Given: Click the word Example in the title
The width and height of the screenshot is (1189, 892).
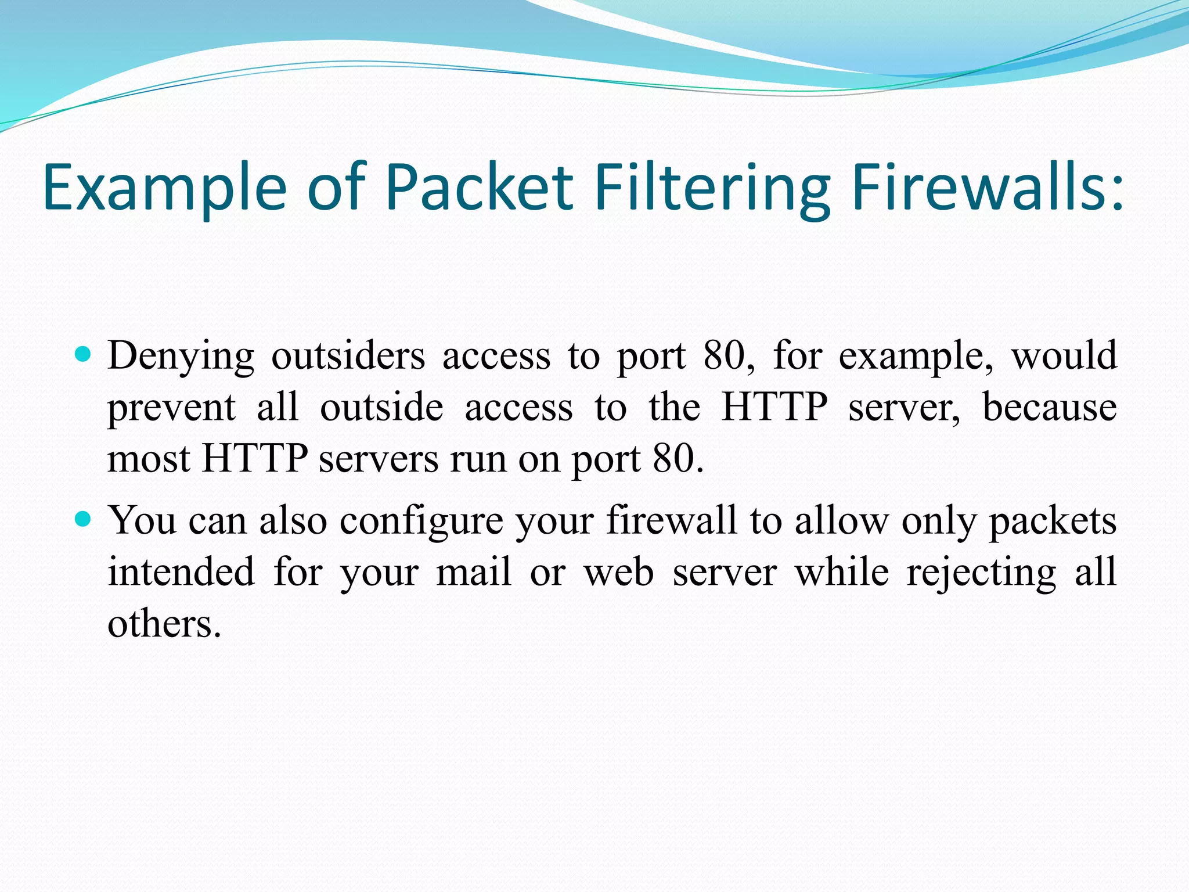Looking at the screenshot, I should coord(164,187).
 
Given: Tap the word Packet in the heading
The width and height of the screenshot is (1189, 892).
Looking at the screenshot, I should coord(480,187).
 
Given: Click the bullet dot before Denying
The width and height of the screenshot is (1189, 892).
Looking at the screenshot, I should coord(84,354).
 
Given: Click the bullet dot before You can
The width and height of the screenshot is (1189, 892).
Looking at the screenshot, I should coord(84,518).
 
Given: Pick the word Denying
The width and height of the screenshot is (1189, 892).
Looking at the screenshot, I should coord(181,355).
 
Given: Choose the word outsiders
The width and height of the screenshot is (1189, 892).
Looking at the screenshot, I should coord(348,355).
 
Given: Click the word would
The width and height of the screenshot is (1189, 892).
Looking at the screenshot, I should coord(1064,355).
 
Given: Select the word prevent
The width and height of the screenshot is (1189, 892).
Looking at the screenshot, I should coord(171,407).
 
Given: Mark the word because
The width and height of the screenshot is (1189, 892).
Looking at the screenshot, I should coord(1049,407).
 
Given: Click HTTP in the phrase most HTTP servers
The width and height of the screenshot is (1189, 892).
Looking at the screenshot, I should coord(254,459).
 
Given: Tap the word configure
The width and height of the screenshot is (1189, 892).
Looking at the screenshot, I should coord(421,520).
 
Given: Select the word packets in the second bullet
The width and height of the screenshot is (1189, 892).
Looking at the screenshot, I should coord(1053,520).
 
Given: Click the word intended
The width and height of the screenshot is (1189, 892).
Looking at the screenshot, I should coord(181,572).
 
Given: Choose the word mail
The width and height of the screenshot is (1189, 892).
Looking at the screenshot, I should coord(474,572).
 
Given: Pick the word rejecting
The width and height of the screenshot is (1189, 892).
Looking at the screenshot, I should coord(981,572).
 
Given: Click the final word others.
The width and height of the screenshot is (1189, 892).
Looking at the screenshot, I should coord(164,624).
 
